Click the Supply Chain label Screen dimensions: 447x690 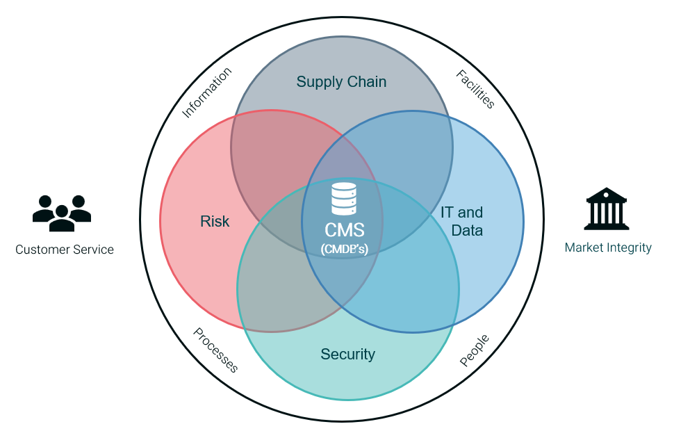click(x=341, y=82)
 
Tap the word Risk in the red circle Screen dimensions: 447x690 click(x=215, y=222)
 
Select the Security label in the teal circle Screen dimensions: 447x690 click(x=347, y=355)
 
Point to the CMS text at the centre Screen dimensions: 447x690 click(x=344, y=230)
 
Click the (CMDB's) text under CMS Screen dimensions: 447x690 click(x=344, y=249)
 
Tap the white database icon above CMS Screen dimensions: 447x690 click(x=344, y=198)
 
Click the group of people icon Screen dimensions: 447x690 click(x=62, y=213)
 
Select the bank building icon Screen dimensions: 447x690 click(x=607, y=209)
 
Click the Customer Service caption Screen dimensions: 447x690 click(x=65, y=250)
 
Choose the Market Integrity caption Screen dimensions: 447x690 click(x=608, y=247)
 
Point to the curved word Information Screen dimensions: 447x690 click(x=206, y=92)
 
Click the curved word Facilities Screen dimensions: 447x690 click(x=476, y=89)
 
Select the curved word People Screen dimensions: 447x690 click(x=475, y=350)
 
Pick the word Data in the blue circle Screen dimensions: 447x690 click(x=467, y=230)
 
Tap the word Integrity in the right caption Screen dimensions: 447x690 click(x=630, y=247)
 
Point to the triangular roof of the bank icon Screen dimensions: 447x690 click(x=607, y=193)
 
